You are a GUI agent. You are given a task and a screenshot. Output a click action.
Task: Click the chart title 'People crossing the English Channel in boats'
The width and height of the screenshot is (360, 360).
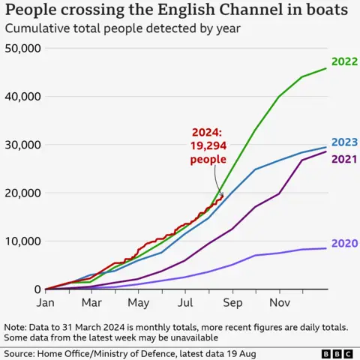click(x=177, y=11)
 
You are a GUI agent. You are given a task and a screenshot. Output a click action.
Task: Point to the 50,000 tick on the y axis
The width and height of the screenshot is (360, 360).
click(x=23, y=48)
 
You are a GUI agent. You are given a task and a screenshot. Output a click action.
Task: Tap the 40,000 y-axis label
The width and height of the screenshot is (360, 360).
click(x=23, y=97)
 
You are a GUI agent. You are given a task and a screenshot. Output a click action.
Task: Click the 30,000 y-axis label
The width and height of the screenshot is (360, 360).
click(x=23, y=145)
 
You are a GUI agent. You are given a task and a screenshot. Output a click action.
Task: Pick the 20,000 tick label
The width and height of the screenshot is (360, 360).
click(x=23, y=193)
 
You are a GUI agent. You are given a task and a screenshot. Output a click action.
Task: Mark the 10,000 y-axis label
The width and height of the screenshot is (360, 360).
click(x=23, y=241)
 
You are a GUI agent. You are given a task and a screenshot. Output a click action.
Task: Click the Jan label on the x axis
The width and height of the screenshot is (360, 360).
click(x=46, y=303)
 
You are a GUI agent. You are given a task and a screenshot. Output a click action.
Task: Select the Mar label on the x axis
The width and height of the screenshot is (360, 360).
click(x=91, y=303)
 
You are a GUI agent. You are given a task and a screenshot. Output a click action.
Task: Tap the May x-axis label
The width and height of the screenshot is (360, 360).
click(x=138, y=303)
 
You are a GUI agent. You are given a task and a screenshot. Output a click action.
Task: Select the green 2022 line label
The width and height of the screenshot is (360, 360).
click(x=343, y=62)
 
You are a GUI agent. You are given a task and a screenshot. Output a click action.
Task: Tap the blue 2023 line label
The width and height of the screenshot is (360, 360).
click(x=343, y=142)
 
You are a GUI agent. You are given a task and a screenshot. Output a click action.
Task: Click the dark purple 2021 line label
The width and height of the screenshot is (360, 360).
click(x=343, y=158)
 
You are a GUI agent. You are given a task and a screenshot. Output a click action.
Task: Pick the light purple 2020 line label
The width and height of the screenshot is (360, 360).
click(x=343, y=243)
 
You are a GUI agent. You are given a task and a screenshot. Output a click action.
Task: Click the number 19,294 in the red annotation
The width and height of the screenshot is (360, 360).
click(x=207, y=146)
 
